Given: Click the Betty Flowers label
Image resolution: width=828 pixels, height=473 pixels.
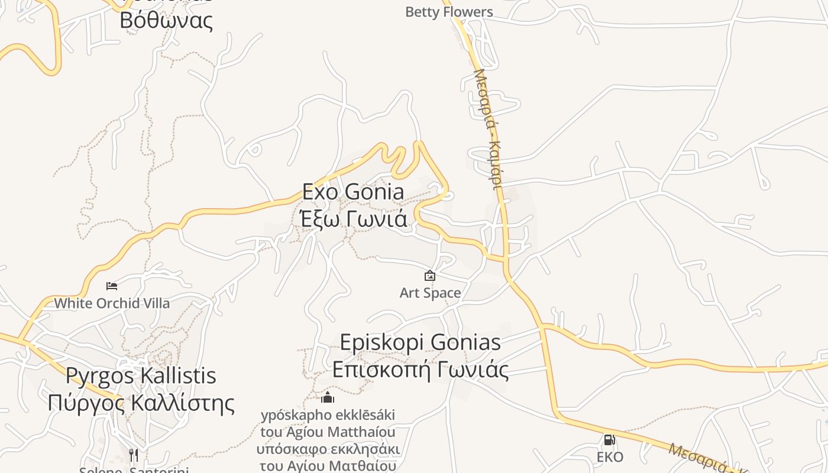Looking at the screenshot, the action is [x=449, y=12].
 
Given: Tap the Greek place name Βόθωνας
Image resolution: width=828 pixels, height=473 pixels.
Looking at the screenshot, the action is [x=166, y=20].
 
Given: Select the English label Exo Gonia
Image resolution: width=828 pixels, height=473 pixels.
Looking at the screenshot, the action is [x=353, y=192].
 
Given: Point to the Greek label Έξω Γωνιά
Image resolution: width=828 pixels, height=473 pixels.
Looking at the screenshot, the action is [x=353, y=219].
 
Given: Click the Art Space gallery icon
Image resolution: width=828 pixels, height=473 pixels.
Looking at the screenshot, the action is [x=430, y=276].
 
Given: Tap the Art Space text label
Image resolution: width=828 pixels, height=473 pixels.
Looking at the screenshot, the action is [x=430, y=293].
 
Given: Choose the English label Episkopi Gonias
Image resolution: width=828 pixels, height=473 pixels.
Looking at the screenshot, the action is [x=420, y=342].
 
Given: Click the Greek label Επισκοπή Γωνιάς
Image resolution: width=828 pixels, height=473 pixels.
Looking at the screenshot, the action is [x=420, y=370].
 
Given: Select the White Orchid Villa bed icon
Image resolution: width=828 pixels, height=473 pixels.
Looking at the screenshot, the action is [x=112, y=286].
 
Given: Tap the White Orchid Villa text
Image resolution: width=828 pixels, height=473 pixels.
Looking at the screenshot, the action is [x=112, y=303].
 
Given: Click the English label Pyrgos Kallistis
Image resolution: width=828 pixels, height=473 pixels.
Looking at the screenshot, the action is [x=141, y=375].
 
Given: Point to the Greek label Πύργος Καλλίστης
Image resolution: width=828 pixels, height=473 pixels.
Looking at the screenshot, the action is [x=141, y=403].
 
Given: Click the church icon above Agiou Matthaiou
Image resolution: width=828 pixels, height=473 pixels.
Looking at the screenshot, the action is [x=328, y=397].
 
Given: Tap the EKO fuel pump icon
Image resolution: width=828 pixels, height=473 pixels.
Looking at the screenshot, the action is [x=609, y=440].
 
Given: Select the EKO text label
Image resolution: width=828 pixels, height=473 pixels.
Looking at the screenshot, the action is [x=609, y=457].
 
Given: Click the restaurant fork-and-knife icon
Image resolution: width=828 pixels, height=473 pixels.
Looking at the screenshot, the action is [x=134, y=455].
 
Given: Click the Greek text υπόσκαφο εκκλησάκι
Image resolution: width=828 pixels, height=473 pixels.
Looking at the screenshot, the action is [x=328, y=449].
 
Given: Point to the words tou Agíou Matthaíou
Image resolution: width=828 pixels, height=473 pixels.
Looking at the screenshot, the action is [x=328, y=432].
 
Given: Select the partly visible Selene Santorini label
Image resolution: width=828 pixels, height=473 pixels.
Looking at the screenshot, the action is [x=134, y=470].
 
